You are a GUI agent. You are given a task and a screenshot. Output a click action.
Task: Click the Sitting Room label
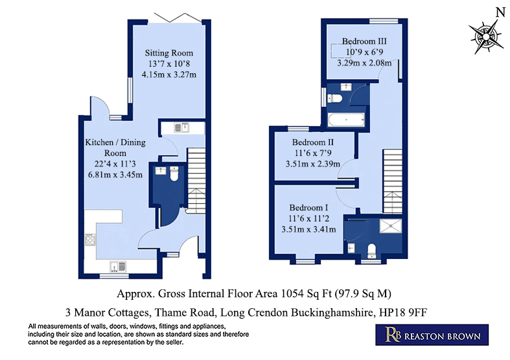point(168,53)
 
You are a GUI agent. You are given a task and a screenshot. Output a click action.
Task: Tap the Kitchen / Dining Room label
point(115,148)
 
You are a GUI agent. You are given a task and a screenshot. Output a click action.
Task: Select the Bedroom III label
point(364,41)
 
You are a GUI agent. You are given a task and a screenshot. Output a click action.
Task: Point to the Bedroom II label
point(313,142)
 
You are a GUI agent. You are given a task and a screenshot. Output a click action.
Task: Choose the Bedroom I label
point(308,208)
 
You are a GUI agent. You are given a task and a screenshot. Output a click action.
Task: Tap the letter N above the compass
point(500,13)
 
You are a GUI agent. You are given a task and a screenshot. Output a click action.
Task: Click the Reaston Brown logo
point(432,335)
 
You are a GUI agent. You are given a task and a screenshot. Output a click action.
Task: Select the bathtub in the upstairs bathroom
point(346,120)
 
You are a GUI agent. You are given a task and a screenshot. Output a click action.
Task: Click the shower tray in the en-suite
point(390,226)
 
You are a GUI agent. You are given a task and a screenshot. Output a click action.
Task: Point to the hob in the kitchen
point(90,240)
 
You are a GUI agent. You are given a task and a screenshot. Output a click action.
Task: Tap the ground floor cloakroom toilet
point(174,174)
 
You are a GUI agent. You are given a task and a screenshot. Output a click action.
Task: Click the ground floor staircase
point(196,181)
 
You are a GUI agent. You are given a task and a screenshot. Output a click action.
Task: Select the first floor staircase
point(392,181)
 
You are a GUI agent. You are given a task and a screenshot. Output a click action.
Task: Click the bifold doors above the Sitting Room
point(178,18)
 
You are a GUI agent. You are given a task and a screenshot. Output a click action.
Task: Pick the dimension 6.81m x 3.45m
point(115,175)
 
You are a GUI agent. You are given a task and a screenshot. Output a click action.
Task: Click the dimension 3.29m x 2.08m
point(364,63)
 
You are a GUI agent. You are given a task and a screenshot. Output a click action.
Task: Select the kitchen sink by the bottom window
point(118,266)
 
